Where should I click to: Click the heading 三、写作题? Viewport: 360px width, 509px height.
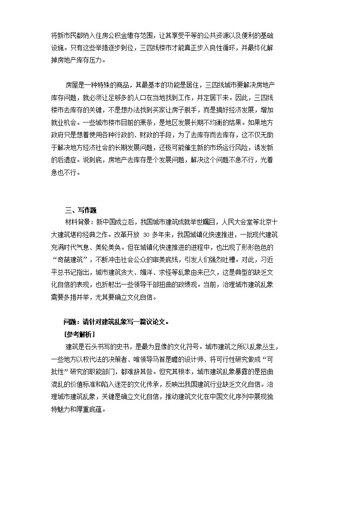point(81,210)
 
